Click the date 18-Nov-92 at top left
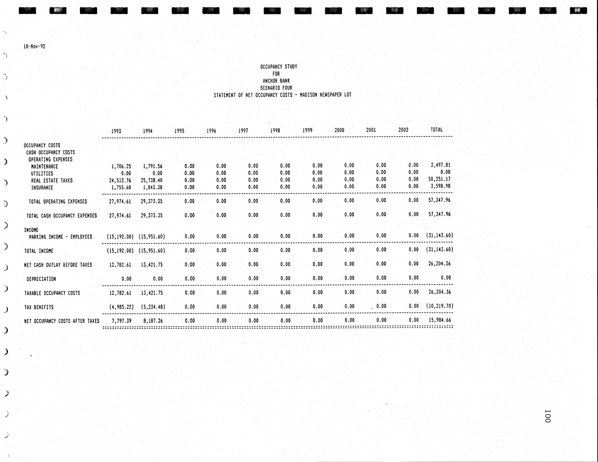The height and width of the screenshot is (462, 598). [x=34, y=47]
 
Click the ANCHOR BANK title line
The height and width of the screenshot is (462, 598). [x=276, y=81]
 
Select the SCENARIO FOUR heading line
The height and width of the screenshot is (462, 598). [x=276, y=88]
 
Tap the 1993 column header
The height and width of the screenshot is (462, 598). [x=116, y=131]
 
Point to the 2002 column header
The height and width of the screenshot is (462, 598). [x=403, y=130]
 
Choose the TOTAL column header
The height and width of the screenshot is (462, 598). [x=436, y=130]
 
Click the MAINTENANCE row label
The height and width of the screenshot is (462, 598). [x=45, y=166]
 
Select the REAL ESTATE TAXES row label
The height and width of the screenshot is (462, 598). [x=52, y=180]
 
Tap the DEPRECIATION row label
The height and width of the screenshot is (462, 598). [x=41, y=279]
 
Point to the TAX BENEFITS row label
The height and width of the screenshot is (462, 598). [x=39, y=307]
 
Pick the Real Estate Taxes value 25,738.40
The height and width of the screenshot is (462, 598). [x=152, y=180]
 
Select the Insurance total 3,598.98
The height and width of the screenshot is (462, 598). [x=440, y=186]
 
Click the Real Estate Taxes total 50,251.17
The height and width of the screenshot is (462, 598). [x=439, y=179]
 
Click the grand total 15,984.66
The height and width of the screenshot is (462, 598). [x=440, y=320]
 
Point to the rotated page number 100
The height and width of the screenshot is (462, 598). [x=547, y=416]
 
